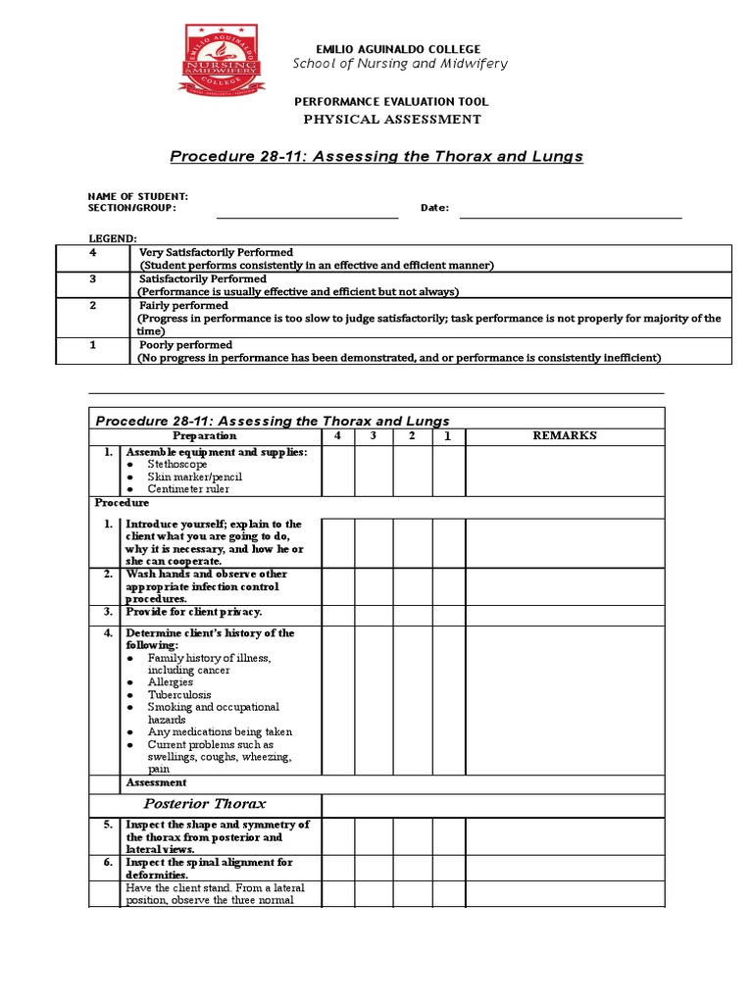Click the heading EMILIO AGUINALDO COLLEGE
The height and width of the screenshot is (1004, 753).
pyautogui.click(x=397, y=49)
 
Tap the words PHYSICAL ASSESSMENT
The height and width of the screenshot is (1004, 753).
pyautogui.click(x=391, y=120)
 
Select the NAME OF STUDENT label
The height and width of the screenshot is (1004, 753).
pyautogui.click(x=138, y=196)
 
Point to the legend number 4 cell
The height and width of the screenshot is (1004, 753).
pyautogui.click(x=92, y=252)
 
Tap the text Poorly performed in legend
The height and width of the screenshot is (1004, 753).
pyautogui.click(x=186, y=345)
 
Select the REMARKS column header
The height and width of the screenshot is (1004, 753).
pyautogui.click(x=564, y=435)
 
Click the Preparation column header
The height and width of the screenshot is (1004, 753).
pyautogui.click(x=204, y=435)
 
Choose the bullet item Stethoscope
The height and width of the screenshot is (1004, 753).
pyautogui.click(x=177, y=464)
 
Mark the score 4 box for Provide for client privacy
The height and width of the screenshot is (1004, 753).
pyautogui.click(x=337, y=612)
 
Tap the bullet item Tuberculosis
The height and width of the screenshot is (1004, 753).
pyautogui.click(x=178, y=694)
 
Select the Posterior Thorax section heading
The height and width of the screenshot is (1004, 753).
pyautogui.click(x=205, y=804)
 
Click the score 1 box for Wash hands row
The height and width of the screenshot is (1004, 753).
pyautogui.click(x=448, y=585)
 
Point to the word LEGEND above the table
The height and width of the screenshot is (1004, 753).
pyautogui.click(x=114, y=238)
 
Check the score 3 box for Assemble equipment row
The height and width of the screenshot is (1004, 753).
pyautogui.click(x=373, y=470)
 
